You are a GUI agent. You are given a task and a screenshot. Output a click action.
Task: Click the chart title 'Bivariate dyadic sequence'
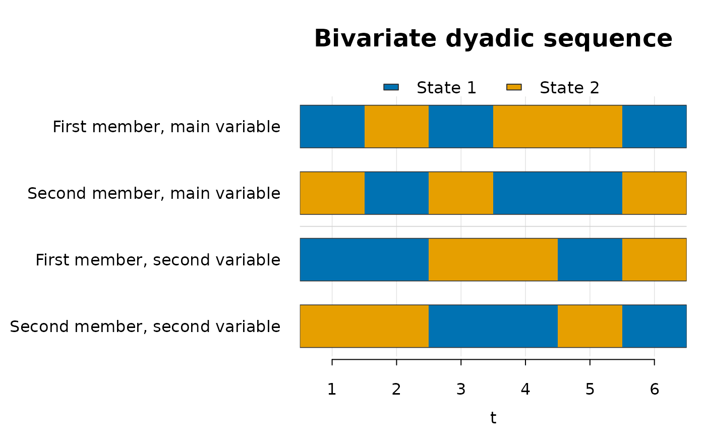(493, 39)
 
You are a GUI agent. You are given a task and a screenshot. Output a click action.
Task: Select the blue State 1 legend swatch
(391, 87)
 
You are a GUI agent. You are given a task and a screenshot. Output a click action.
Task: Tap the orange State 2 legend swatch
(514, 87)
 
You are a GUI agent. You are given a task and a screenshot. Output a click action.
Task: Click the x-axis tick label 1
(332, 390)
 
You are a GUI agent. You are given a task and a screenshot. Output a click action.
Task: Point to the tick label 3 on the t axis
(461, 390)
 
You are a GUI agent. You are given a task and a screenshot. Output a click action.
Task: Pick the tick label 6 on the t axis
(655, 390)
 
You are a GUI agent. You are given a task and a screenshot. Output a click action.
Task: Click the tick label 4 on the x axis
(525, 390)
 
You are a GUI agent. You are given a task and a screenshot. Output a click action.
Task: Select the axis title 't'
(493, 418)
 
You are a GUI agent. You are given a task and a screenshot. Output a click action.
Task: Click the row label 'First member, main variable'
(166, 127)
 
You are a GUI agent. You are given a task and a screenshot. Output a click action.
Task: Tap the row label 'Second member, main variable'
(154, 194)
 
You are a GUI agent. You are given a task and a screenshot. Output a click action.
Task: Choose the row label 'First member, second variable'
(158, 260)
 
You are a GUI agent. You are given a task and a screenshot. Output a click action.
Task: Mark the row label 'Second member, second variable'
(145, 326)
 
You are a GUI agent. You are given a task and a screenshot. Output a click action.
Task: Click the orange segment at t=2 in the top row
(396, 127)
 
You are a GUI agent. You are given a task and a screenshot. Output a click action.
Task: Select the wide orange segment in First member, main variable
(558, 127)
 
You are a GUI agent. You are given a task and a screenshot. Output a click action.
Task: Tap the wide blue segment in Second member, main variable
(558, 193)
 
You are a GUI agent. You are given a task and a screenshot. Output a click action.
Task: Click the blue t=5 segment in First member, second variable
(590, 259)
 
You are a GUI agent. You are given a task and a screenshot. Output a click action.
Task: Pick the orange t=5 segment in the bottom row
(590, 326)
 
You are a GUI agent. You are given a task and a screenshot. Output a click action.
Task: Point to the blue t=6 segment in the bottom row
(655, 326)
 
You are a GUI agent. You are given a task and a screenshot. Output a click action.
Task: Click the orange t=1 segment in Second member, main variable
(332, 193)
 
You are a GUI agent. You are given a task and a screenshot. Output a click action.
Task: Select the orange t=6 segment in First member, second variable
(655, 259)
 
